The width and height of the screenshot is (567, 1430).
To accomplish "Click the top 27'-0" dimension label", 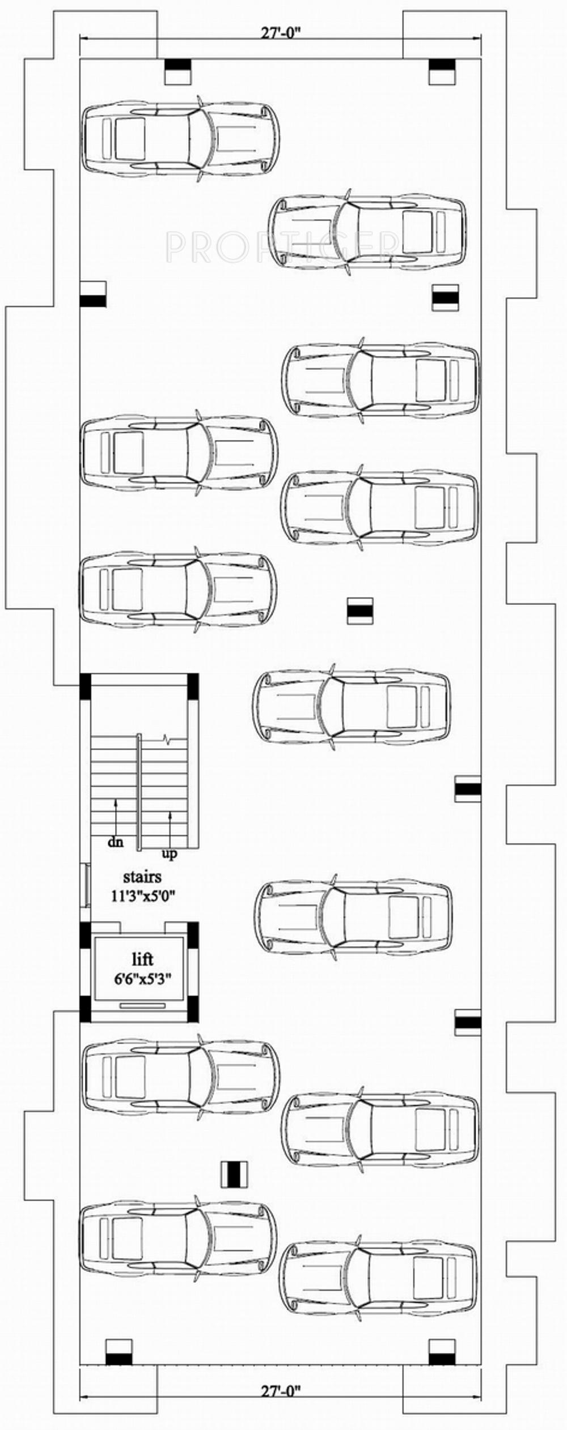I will (281, 33).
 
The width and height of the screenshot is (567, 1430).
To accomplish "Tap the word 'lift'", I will (142, 959).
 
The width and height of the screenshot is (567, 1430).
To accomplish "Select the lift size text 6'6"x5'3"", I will (142, 977).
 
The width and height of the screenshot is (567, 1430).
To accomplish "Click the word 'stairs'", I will (142, 877).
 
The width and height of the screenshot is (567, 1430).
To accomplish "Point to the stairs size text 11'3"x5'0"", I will (142, 896).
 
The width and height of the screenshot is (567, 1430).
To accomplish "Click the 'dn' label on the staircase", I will (116, 842).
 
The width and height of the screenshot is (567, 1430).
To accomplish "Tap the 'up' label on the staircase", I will (169, 853).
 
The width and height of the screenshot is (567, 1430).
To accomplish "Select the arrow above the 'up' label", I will (170, 827).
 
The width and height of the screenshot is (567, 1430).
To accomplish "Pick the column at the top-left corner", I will (177, 71).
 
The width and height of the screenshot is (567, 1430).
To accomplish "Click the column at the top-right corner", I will (442, 71).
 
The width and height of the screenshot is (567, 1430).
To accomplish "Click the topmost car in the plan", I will (180, 139).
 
